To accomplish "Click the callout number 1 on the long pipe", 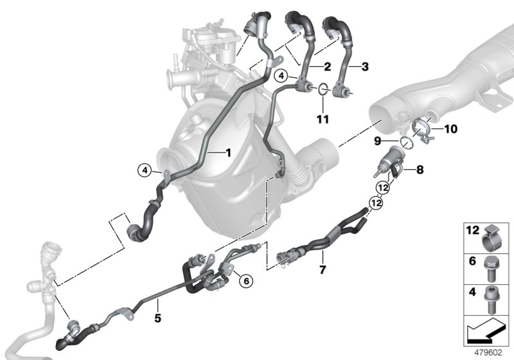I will [227, 152].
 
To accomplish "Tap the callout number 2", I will [327, 66].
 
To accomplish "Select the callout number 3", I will [365, 66].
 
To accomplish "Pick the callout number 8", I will [420, 170].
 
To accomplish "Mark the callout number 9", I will [378, 140].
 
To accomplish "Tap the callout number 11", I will [323, 120].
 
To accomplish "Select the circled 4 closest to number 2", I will [281, 76].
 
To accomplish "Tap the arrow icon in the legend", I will [487, 332].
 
